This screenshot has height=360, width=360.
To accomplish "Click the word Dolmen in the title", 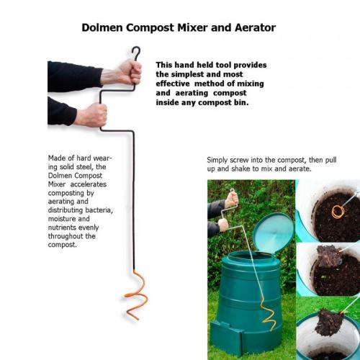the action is [103, 27].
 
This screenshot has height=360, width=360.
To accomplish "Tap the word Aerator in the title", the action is [255, 27].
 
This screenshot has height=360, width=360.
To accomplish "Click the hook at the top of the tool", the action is [136, 53].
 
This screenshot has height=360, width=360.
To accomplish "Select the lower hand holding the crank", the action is [92, 114].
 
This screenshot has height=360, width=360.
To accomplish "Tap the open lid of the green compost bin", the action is [274, 232].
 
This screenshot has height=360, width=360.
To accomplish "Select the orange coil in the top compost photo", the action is [338, 211].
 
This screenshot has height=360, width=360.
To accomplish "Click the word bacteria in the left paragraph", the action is [99, 210].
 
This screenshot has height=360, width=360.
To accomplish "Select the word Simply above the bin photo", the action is [217, 161].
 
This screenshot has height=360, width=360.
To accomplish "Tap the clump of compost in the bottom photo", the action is [328, 323].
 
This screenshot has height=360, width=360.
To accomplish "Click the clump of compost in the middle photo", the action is [328, 256].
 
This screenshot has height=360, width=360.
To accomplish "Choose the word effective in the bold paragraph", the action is [173, 84].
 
